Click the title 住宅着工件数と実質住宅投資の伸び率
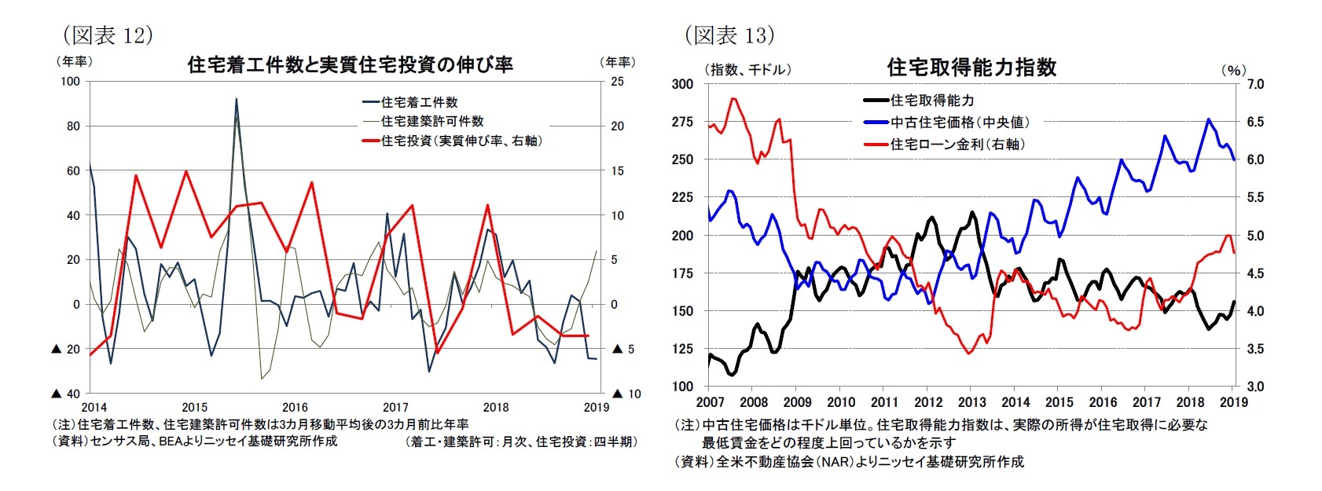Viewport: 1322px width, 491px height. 350,64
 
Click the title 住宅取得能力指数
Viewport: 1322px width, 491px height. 971,68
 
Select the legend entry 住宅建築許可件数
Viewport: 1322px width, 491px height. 431,121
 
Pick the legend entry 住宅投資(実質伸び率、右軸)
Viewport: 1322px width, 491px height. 461,141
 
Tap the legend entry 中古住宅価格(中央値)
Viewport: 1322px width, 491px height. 959,122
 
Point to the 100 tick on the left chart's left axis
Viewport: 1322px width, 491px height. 69,82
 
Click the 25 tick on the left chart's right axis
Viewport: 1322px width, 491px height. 617,82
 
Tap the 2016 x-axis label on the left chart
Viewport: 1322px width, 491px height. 295,407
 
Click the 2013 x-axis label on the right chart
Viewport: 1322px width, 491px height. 971,402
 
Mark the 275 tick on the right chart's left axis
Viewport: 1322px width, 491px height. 683,122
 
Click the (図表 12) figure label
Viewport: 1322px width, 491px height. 107,35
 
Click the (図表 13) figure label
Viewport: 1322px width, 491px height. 729,35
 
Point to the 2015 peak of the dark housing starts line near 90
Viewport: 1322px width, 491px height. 237,100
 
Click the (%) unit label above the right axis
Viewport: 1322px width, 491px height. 1233,70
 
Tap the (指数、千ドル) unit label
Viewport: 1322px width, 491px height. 749,70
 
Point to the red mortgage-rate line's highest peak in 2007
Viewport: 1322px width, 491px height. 733,99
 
